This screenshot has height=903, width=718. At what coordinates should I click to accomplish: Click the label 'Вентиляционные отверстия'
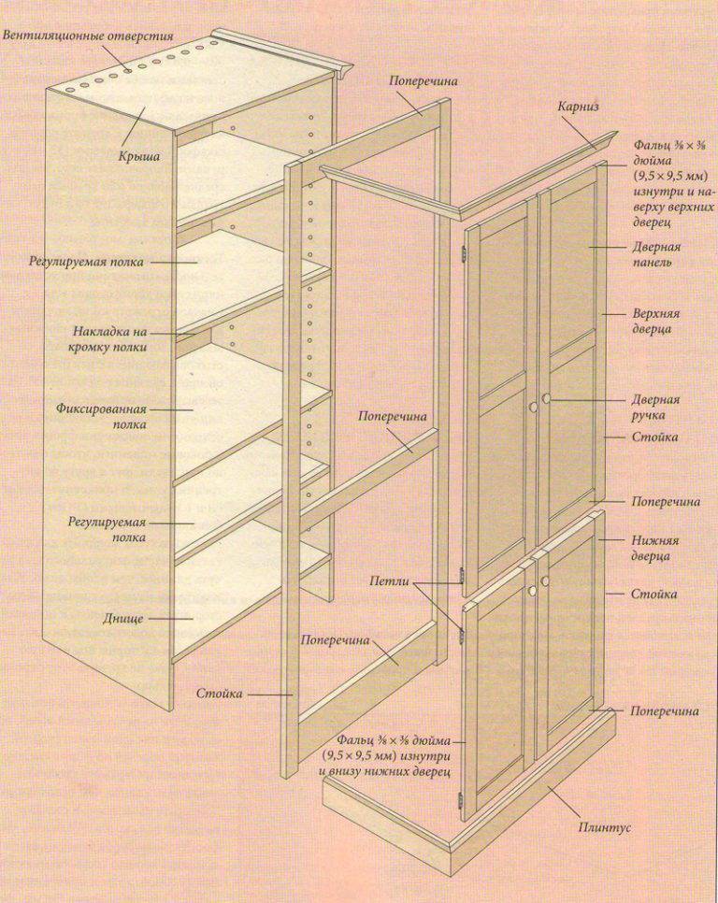coord(88,36)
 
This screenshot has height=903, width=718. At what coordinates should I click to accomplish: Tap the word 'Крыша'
coord(137,155)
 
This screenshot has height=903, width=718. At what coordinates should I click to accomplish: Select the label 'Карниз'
coord(578,107)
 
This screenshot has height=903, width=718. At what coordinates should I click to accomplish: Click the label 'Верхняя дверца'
coord(654,322)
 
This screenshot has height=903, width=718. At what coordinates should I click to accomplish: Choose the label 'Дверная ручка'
coord(655,407)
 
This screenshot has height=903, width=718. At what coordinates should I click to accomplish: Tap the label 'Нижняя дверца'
coord(655,548)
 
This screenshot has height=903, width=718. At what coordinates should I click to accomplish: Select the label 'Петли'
coord(389,581)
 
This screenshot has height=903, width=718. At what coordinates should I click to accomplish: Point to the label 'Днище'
coord(123,619)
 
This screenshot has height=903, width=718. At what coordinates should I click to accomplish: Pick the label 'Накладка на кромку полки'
coord(110,339)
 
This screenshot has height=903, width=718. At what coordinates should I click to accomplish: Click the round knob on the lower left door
coord(531,592)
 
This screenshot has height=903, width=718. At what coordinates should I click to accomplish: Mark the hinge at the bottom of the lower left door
coord(460,799)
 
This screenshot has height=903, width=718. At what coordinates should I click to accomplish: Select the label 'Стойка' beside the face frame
coord(220,694)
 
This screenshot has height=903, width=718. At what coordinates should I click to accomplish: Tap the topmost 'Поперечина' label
coord(423,81)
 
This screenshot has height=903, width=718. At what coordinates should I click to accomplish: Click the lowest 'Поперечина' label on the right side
coord(665,711)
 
